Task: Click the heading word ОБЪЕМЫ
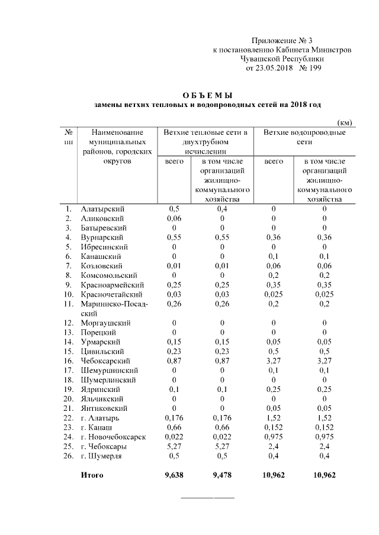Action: point(208,95)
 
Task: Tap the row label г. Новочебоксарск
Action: point(113,437)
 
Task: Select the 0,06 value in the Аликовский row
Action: point(174,218)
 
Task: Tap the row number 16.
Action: point(69,361)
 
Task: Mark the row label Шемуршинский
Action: point(106,370)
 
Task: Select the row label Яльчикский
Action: point(102,398)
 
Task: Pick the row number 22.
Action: point(69,418)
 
